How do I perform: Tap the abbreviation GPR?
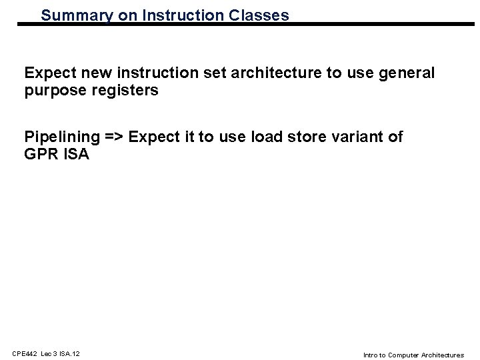click(40, 154)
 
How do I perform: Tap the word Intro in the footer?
click(370, 354)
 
